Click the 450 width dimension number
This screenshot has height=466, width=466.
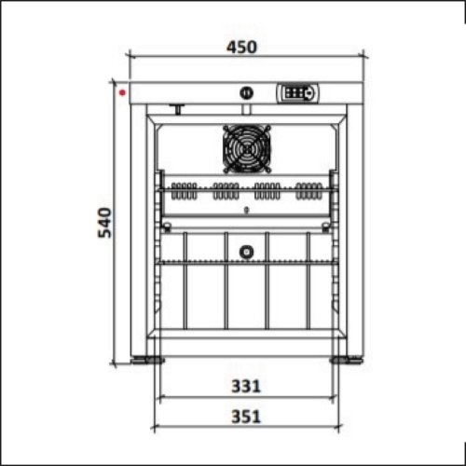pyautogui.click(x=241, y=48)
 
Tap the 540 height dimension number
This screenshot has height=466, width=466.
pyautogui.click(x=104, y=223)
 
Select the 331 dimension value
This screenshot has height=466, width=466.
pyautogui.click(x=246, y=387)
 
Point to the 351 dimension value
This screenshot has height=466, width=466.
pyautogui.click(x=246, y=417)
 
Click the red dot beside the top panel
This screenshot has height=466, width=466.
pyautogui.click(x=123, y=92)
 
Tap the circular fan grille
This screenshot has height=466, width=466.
pyautogui.click(x=247, y=149)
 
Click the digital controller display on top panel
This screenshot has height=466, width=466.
pyautogui.click(x=297, y=92)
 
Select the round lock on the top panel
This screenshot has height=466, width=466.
pyautogui.click(x=247, y=93)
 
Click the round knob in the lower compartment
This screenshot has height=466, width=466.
pyautogui.click(x=246, y=252)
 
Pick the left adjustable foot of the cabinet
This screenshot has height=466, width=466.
pyautogui.click(x=147, y=360)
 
